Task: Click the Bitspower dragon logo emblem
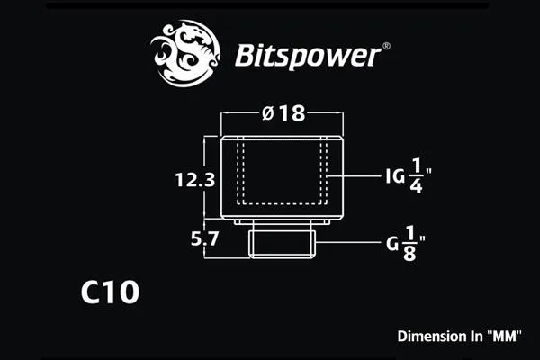[x=185, y=53]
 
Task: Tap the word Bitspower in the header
[x=308, y=56]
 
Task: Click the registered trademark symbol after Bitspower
[x=386, y=46]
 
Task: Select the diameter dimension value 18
[x=292, y=113]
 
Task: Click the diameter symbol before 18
[x=268, y=113]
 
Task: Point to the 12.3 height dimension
[x=195, y=180]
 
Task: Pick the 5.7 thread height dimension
[x=204, y=238]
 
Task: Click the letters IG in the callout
[x=395, y=176]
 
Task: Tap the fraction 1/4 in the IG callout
[x=416, y=176]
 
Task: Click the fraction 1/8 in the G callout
[x=409, y=244]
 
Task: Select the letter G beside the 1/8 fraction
[x=392, y=244]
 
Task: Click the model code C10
[x=110, y=292]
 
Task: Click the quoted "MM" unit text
[x=505, y=336]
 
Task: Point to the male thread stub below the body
[x=281, y=244]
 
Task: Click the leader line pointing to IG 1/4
[x=355, y=176]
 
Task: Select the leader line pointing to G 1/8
[x=348, y=242]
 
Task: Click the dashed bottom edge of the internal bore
[x=283, y=203]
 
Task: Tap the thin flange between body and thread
[x=282, y=222]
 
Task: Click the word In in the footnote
[x=476, y=337]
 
